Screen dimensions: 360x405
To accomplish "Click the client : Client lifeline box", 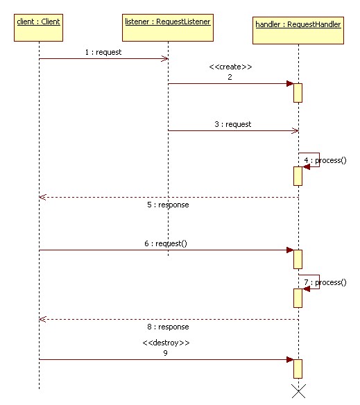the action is click(x=39, y=28).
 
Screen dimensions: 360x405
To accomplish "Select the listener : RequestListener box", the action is click(x=168, y=28).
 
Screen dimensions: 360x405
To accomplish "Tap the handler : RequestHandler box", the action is click(x=298, y=31).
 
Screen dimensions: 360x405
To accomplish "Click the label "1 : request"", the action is click(x=103, y=52).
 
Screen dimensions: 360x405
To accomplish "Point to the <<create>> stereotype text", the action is click(x=230, y=67).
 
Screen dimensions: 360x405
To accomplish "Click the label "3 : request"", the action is click(x=233, y=125).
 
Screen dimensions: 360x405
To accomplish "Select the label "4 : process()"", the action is click(x=325, y=160).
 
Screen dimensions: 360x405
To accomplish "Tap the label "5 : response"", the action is click(x=168, y=205).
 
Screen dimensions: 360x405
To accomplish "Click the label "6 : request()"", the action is click(x=166, y=243).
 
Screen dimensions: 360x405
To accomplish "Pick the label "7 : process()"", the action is click(x=325, y=282).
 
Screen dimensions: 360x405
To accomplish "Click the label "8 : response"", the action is click(x=168, y=327).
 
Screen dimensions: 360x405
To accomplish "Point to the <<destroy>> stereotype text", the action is click(x=166, y=343).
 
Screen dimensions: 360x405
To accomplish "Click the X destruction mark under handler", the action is click(x=298, y=391).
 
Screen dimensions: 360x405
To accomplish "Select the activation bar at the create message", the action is click(x=298, y=93).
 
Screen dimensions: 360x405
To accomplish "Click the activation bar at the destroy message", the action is click(x=298, y=369).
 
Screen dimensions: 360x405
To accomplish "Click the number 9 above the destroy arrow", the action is click(x=165, y=353).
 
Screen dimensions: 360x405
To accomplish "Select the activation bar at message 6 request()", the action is click(x=298, y=259).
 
